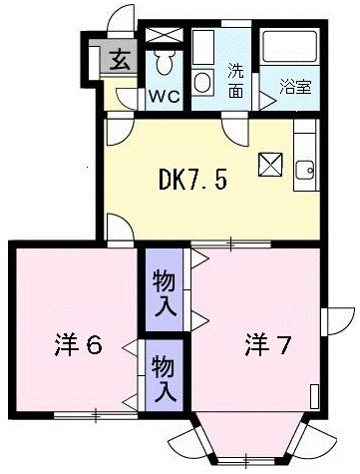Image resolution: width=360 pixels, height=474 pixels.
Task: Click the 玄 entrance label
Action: (120, 60)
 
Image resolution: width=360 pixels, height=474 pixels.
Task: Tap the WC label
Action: (165, 96)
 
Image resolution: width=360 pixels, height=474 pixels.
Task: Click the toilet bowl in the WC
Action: (164, 62)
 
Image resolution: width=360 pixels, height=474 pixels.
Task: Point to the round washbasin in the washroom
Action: (202, 83)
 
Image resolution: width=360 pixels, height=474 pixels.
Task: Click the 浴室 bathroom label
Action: (295, 87)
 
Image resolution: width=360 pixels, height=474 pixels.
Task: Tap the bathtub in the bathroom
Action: (289, 46)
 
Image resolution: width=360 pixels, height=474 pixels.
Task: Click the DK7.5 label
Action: (192, 180)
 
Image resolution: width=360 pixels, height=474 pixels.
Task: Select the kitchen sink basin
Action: (304, 170)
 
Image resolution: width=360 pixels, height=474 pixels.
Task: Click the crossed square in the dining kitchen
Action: (270, 165)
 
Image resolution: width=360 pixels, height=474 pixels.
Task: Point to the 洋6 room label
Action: (78, 345)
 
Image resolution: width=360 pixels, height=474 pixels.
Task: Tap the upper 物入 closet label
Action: (165, 293)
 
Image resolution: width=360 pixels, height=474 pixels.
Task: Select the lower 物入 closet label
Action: (164, 378)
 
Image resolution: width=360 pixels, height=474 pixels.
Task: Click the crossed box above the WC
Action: (165, 35)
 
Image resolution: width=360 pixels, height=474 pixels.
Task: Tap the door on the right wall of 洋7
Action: (337, 321)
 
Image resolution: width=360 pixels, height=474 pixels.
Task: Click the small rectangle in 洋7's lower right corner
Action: (314, 396)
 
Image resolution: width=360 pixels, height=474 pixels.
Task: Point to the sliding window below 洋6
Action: (96, 415)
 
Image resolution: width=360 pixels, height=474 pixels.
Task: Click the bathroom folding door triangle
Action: (267, 101)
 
